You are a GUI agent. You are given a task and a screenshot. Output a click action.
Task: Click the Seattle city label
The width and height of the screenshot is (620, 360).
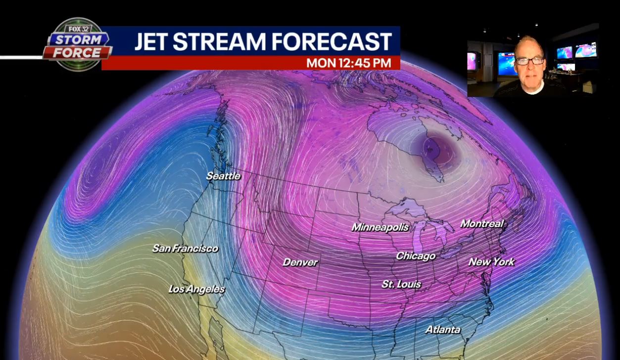223,176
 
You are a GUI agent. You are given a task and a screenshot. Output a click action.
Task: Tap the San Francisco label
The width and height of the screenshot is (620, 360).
185,249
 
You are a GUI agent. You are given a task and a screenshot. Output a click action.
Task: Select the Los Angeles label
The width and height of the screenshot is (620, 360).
196,289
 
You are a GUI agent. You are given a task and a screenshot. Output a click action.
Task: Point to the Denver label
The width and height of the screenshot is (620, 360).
300,262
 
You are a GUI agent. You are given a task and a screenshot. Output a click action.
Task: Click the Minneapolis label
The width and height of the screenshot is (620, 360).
380,227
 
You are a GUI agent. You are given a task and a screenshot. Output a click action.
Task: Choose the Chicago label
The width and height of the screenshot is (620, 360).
416,256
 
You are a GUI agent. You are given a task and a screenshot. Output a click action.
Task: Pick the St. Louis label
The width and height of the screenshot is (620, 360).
401,284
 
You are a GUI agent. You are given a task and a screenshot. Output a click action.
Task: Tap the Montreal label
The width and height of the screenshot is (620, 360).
482,224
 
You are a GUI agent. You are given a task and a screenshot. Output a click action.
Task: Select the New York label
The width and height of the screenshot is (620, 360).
491,261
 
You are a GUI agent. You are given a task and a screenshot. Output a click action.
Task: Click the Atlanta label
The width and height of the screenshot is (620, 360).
443,329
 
